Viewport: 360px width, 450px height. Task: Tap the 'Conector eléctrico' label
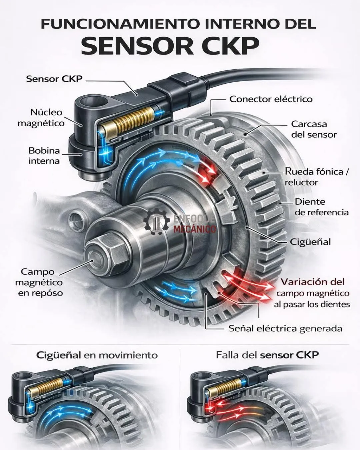pos(271,99)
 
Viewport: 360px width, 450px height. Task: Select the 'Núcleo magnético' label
pos(41,118)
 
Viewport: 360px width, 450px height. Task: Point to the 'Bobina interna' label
pos(44,156)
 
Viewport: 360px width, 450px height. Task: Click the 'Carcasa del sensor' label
pos(314,129)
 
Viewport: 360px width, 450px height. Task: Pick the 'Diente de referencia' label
pos(322,207)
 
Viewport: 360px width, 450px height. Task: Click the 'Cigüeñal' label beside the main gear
pos(310,242)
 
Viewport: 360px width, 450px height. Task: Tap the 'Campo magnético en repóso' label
pos(39,282)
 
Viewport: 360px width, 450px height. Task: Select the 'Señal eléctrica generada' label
pos(285,329)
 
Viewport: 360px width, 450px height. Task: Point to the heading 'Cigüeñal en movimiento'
pos(97,355)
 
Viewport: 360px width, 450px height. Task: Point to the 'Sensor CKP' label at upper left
pos(54,79)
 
